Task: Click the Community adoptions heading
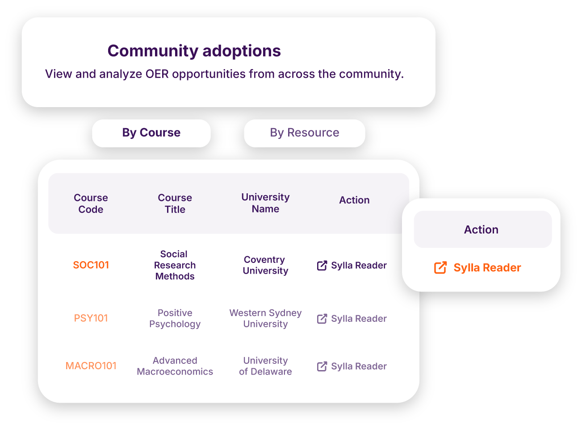194,51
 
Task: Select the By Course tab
151,133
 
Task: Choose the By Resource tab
305,133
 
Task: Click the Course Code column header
91,204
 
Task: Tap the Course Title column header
175,204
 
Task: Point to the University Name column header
265,203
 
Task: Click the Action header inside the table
354,200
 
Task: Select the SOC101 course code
91,265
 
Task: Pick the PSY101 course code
91,318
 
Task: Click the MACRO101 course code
91,366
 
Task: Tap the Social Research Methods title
175,265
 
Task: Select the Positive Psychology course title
175,318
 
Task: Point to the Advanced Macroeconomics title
175,366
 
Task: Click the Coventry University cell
265,265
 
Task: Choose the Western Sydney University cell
265,318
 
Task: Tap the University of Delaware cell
265,366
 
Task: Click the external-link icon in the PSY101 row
322,319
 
